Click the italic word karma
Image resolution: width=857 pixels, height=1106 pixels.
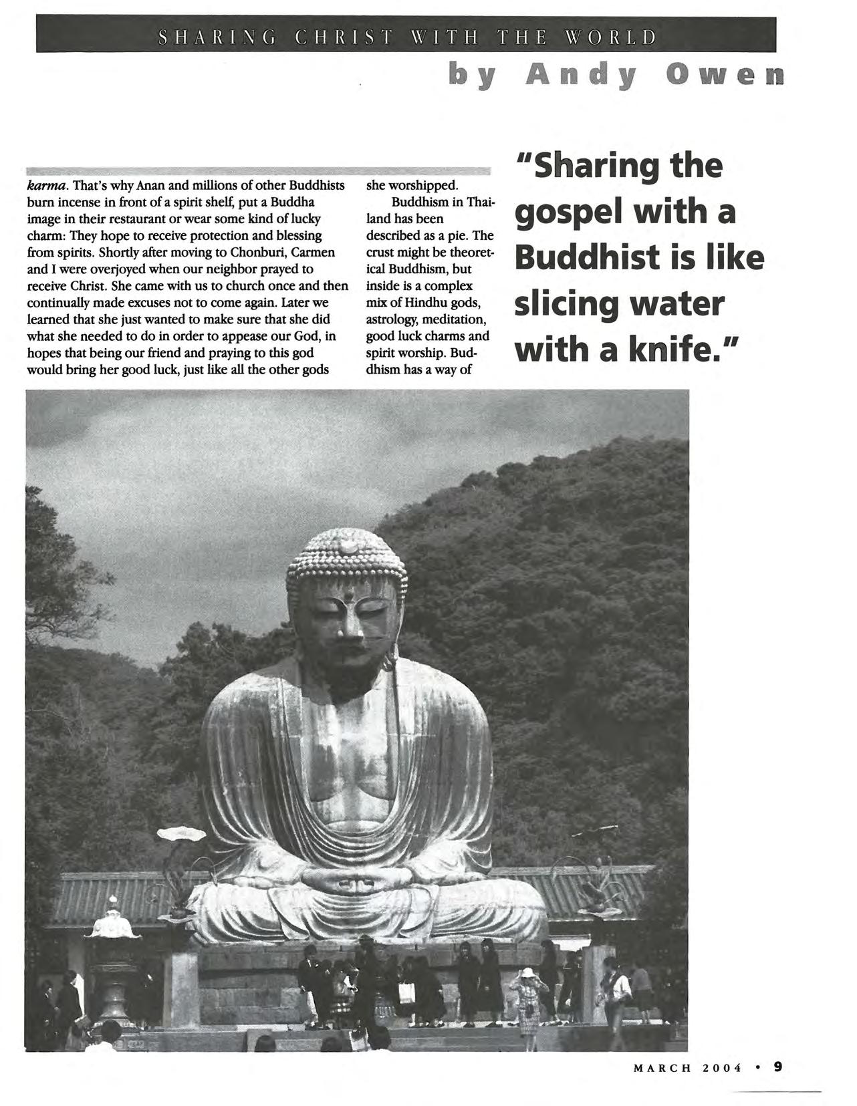click(44, 185)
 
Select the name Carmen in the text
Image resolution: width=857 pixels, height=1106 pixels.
click(314, 253)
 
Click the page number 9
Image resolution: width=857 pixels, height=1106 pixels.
click(777, 1067)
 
